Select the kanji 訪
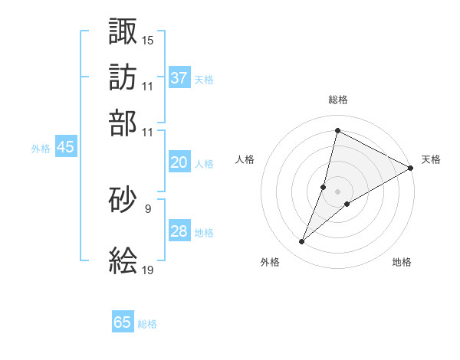[123, 77]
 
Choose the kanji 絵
[123, 260]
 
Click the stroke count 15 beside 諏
[148, 40]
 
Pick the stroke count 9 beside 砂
[147, 208]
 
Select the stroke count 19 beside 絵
[148, 270]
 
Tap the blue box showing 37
[179, 77]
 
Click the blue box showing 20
[179, 162]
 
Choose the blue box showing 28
[179, 231]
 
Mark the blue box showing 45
[65, 148]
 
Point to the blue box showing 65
[123, 322]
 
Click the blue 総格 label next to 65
[147, 324]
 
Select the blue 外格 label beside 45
[41, 149]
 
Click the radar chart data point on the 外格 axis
[302, 242]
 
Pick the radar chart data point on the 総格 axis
[337, 131]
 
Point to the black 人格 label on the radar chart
[245, 159]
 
